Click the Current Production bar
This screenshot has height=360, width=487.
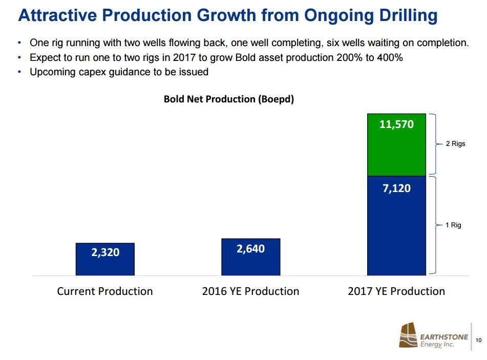coord(105,259)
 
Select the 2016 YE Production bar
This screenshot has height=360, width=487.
coord(250,257)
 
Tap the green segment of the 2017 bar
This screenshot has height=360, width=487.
coord(396,145)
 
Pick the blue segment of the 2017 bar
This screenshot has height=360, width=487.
coord(396,225)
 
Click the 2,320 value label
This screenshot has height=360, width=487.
coord(105,252)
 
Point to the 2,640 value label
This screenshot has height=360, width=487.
coord(250,249)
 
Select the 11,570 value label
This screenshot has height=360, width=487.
coord(396,124)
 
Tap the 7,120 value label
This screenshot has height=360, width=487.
coord(396,188)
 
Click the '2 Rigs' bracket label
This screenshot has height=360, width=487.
coord(455,144)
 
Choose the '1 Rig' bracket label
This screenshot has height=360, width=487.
coord(453,225)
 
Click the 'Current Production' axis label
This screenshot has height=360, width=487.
coord(105,291)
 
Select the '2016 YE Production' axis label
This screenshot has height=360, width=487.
coord(250,291)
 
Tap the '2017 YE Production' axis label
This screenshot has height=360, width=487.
coord(396,291)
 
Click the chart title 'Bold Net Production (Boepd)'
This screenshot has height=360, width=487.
coord(229,99)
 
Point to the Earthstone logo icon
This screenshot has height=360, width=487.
coord(409,335)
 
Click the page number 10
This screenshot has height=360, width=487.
coord(479,340)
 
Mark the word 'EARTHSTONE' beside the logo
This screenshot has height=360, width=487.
coord(443,336)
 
